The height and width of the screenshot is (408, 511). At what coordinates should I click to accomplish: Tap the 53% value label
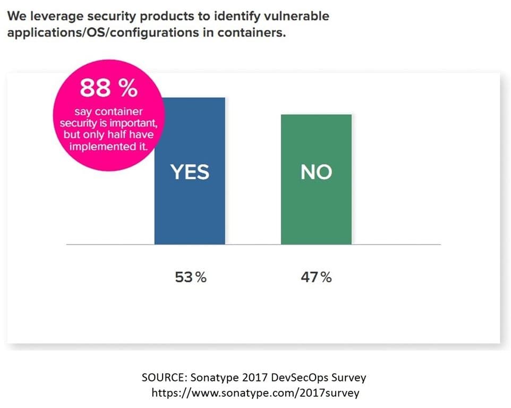[191, 277]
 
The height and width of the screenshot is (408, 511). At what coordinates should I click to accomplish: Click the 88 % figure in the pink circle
[108, 89]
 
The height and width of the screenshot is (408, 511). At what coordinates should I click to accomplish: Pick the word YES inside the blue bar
[190, 172]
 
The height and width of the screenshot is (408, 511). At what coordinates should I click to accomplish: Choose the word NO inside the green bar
[316, 172]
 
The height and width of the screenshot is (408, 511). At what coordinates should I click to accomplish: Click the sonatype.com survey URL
[255, 393]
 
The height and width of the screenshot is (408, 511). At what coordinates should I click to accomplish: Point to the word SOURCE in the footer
[160, 378]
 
